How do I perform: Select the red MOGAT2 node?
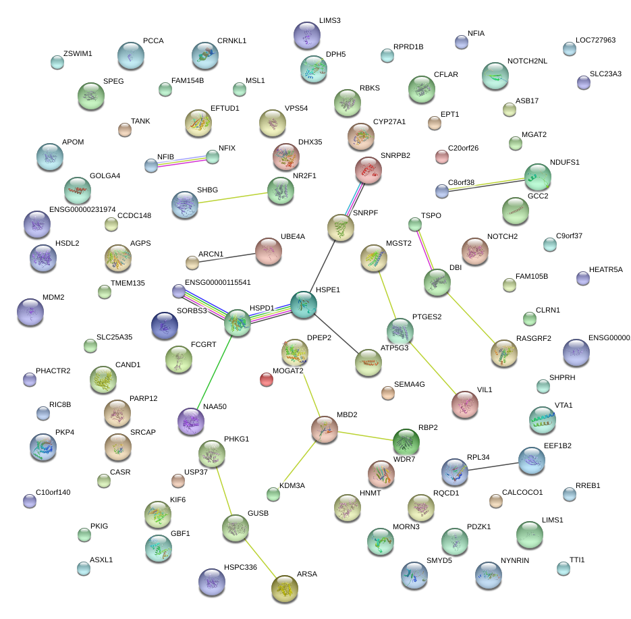click(x=267, y=379)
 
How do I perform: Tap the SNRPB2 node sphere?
click(x=368, y=170)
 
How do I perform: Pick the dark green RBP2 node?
click(x=406, y=442)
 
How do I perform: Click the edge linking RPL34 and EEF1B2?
click(x=493, y=466)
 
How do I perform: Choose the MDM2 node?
click(x=30, y=311)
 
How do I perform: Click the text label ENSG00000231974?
click(x=82, y=210)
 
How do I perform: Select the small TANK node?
click(x=124, y=130)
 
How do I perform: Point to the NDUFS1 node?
click(x=537, y=177)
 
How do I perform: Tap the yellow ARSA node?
click(x=284, y=589)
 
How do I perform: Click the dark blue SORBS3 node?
click(x=165, y=326)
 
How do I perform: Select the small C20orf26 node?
click(x=442, y=157)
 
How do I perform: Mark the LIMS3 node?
click(x=307, y=35)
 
